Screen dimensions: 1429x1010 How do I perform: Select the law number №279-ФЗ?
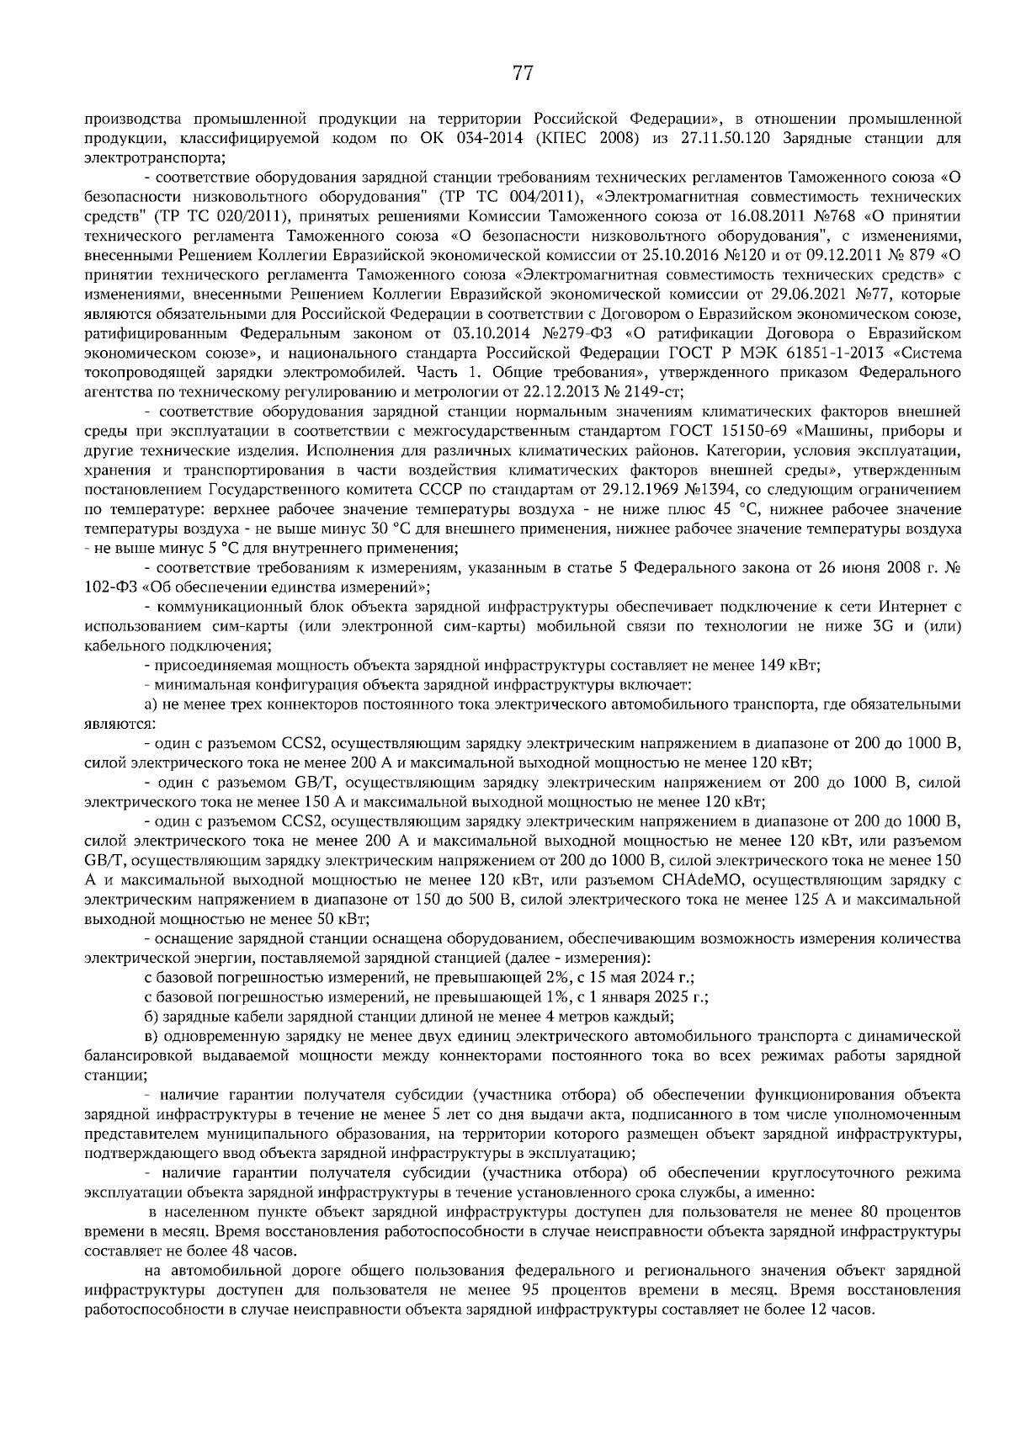(534, 333)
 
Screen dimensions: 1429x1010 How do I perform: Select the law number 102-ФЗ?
(109, 588)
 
